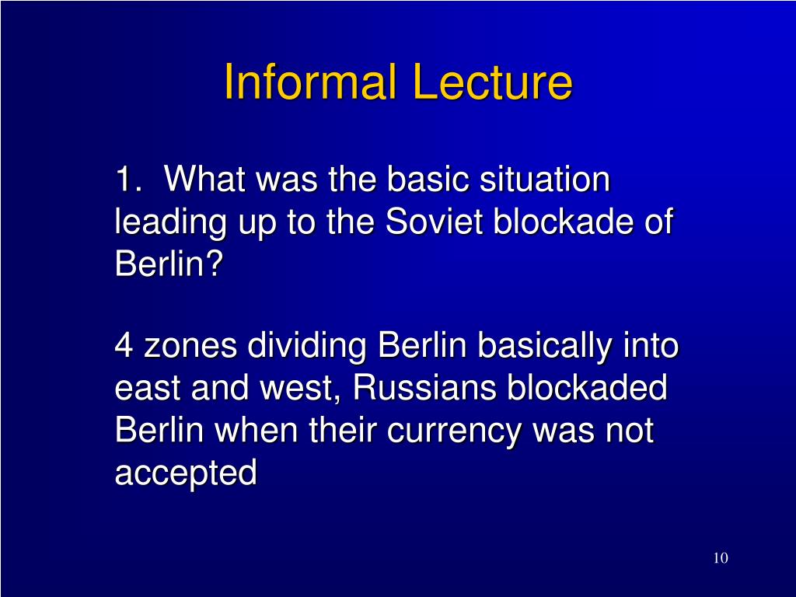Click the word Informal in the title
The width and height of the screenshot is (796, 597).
[x=309, y=81]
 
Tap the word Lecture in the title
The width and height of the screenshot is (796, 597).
[x=492, y=81]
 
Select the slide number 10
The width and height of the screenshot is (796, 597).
[x=721, y=557]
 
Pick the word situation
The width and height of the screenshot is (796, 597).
[x=545, y=179]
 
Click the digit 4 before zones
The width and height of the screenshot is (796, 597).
[x=124, y=345]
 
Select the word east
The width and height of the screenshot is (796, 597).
[x=148, y=389]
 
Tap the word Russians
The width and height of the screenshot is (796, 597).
[x=424, y=387]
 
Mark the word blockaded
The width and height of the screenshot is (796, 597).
[x=587, y=387]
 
